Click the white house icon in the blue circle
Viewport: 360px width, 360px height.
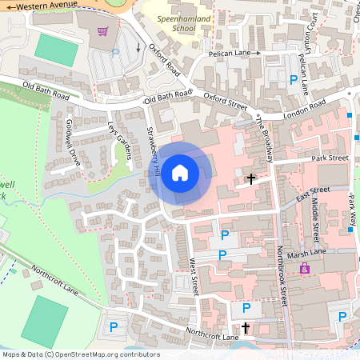pyautogui.click(x=180, y=172)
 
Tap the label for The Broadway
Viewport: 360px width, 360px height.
pyautogui.click(x=266, y=136)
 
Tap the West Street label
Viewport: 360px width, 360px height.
pyautogui.click(x=194, y=276)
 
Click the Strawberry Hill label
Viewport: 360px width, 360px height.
pyautogui.click(x=154, y=152)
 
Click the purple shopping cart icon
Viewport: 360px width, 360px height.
pyautogui.click(x=102, y=32)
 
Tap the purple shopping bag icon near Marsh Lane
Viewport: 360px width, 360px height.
pyautogui.click(x=304, y=270)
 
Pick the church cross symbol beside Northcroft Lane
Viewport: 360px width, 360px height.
pyautogui.click(x=246, y=327)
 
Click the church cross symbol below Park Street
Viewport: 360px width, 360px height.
pyautogui.click(x=251, y=178)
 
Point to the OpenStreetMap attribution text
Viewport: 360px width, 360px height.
pyautogui.click(x=80, y=354)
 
